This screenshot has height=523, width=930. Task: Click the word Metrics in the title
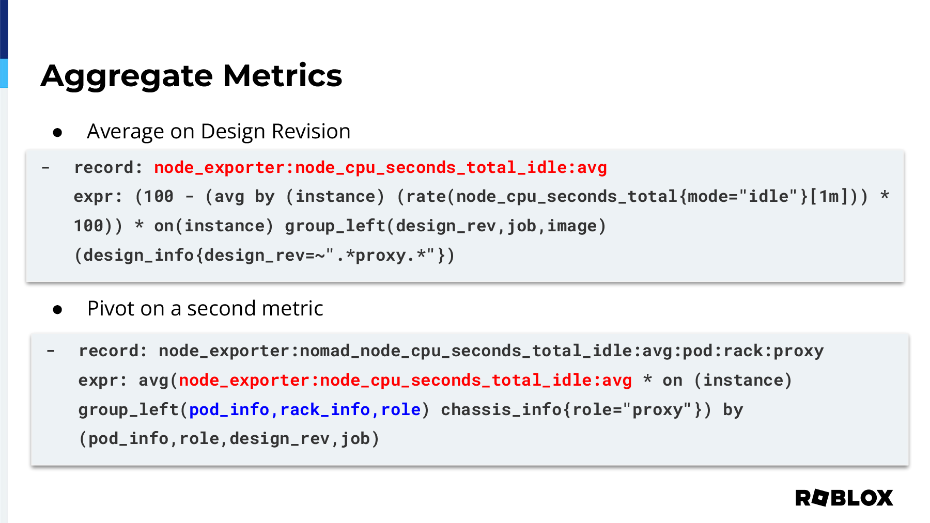(283, 75)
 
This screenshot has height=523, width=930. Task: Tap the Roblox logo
(844, 498)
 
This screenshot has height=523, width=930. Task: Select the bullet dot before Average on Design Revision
(57, 133)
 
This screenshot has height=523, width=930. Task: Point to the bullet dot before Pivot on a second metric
(57, 310)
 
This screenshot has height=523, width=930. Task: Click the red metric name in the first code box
(380, 168)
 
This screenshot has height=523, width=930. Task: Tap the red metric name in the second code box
(405, 381)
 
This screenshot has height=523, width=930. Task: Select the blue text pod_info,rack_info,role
(305, 409)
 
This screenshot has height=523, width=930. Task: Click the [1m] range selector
(829, 197)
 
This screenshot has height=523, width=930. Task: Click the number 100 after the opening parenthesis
(159, 197)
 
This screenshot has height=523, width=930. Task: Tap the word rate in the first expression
(426, 197)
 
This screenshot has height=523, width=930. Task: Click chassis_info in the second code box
(501, 410)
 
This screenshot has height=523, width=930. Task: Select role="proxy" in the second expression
(632, 410)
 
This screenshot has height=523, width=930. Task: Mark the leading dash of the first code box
(46, 168)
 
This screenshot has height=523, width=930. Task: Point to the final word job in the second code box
(355, 439)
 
